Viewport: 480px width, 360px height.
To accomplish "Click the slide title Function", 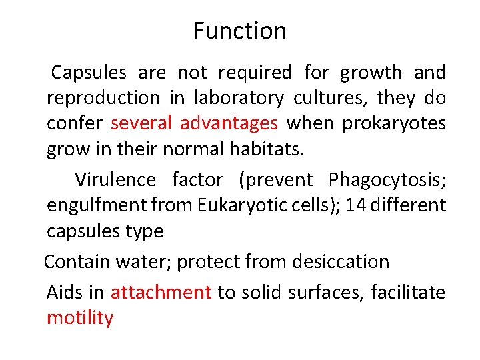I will click(x=239, y=31).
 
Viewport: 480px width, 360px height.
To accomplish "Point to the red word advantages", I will click(x=229, y=124).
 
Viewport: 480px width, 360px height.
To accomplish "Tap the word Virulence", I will click(x=115, y=180).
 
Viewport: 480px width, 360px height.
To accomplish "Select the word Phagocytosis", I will click(x=385, y=180).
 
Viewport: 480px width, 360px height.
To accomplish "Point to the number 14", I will click(x=356, y=205).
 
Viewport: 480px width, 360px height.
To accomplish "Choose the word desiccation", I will click(x=341, y=262).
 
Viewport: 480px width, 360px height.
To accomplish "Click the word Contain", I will click(x=76, y=262).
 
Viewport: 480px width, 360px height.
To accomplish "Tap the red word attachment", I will click(x=161, y=292).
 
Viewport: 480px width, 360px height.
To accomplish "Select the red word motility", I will click(x=80, y=318).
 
